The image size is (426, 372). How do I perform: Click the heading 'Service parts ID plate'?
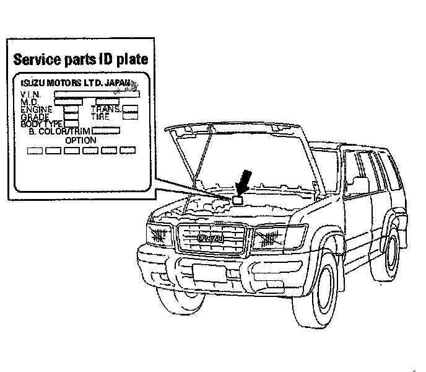(x=80, y=60)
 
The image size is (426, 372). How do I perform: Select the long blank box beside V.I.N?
(x=97, y=94)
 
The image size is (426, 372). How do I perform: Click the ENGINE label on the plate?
(x=37, y=109)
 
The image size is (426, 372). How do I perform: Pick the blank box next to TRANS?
(x=130, y=108)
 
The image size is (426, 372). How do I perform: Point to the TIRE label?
(x=100, y=116)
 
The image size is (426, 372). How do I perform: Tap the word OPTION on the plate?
(x=80, y=140)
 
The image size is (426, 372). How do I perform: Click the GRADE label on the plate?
(x=35, y=117)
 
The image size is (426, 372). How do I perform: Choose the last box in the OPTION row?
(x=128, y=151)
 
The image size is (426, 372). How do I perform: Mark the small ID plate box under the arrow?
(x=239, y=200)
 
